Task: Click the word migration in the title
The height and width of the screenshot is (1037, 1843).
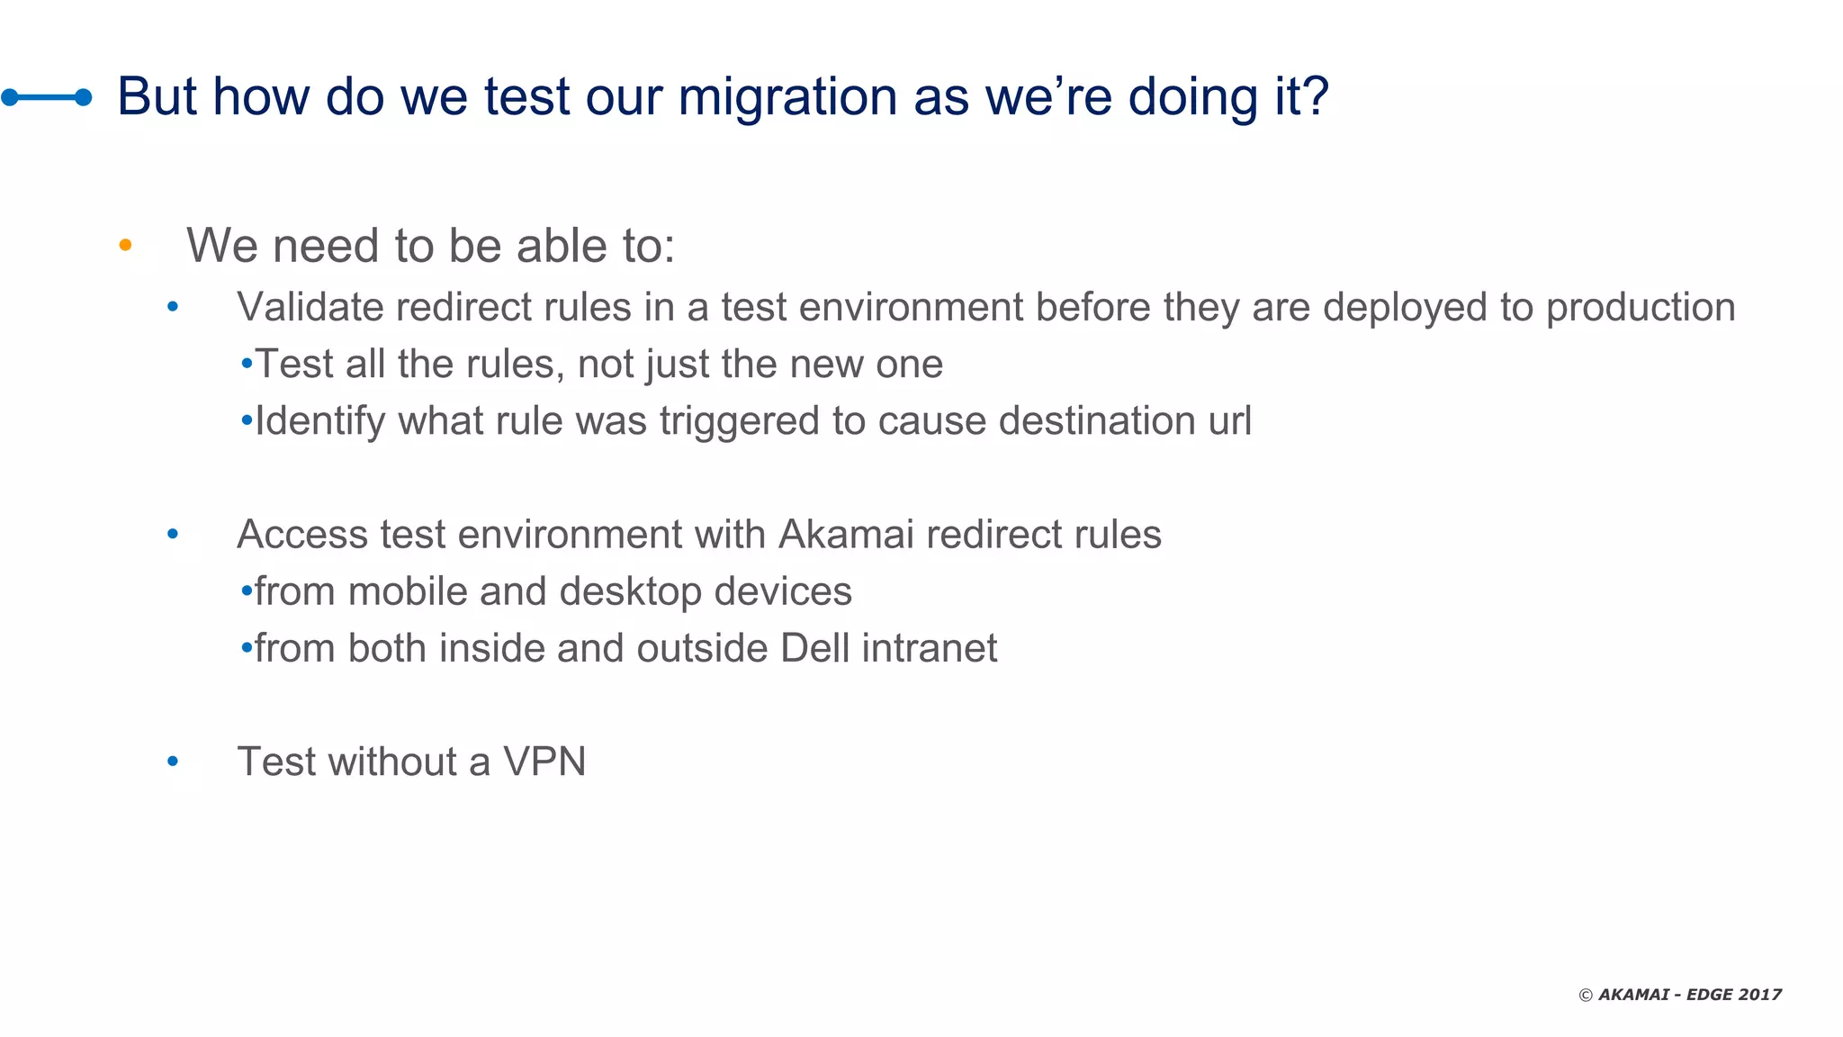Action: pyautogui.click(x=787, y=96)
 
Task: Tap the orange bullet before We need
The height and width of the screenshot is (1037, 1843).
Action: pyautogui.click(x=125, y=245)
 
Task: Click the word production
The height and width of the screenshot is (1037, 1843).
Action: pyautogui.click(x=1640, y=308)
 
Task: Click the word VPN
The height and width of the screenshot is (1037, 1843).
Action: pyautogui.click(x=544, y=762)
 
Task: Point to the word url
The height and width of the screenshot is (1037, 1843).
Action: pyautogui.click(x=1229, y=421)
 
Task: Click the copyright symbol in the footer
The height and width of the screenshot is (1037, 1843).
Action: pyautogui.click(x=1586, y=995)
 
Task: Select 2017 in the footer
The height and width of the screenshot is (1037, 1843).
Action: pyautogui.click(x=1759, y=995)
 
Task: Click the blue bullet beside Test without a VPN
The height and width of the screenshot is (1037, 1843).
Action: pyautogui.click(x=173, y=762)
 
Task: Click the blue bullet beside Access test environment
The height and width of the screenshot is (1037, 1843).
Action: pyautogui.click(x=173, y=535)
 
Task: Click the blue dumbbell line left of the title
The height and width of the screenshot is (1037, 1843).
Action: pyautogui.click(x=47, y=97)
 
